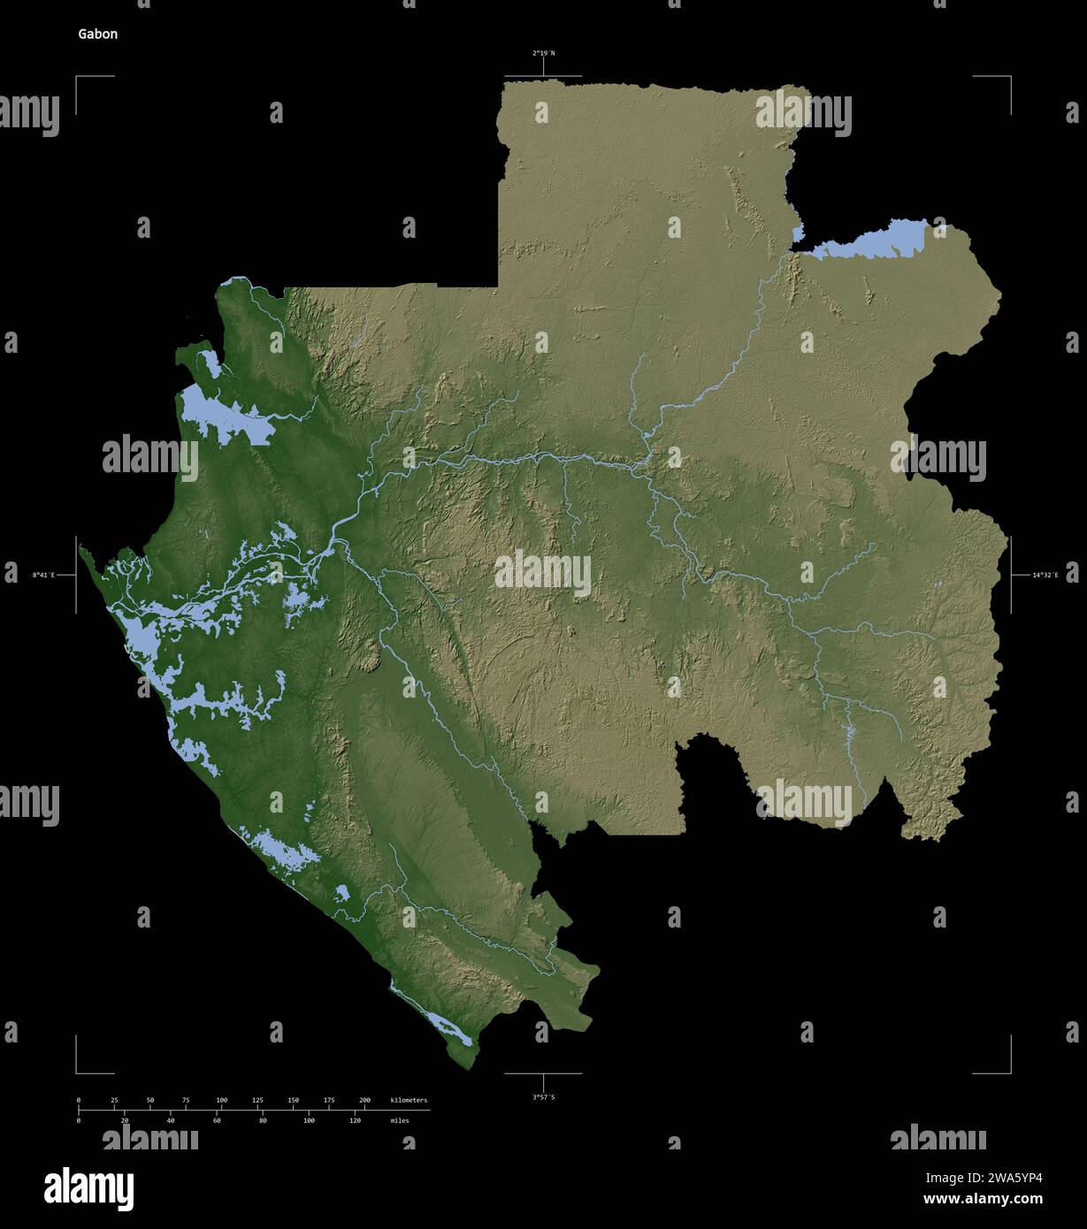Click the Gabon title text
pyautogui.click(x=97, y=34)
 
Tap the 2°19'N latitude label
pyautogui.click(x=543, y=53)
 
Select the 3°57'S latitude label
pyautogui.click(x=543, y=1097)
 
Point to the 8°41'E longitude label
pyautogui.click(x=43, y=576)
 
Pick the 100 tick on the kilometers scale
pyautogui.click(x=222, y=1100)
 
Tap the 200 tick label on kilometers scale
pyautogui.click(x=364, y=1100)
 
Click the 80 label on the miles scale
pyautogui.click(x=263, y=1120)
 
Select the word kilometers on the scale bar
pyautogui.click(x=409, y=1100)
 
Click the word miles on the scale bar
pyautogui.click(x=400, y=1120)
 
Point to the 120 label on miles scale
pyautogui.click(x=355, y=1120)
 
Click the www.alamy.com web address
pyautogui.click(x=982, y=1200)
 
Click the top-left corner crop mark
pyautogui.click(x=77, y=78)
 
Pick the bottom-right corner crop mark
pyautogui.click(x=1009, y=1072)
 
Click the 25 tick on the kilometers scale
pyautogui.click(x=114, y=1100)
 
